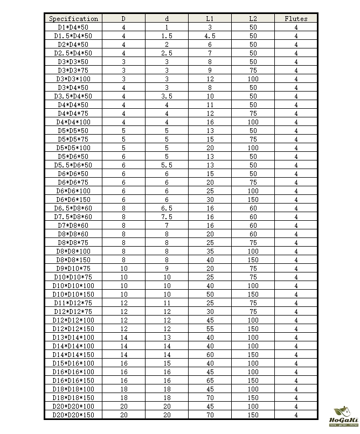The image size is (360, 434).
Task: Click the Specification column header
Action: click(x=73, y=18)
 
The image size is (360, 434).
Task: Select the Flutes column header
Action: click(x=296, y=18)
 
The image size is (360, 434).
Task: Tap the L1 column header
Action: click(x=210, y=18)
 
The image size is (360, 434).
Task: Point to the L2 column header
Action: click(x=253, y=18)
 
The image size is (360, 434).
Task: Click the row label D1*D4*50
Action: click(x=73, y=27)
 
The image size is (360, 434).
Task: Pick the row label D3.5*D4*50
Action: click(x=73, y=96)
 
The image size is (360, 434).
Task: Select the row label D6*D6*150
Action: click(x=73, y=199)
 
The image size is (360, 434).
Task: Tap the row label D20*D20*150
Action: click(x=73, y=415)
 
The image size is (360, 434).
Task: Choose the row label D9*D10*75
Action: click(x=73, y=268)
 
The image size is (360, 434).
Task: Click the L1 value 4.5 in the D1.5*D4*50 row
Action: click(x=210, y=36)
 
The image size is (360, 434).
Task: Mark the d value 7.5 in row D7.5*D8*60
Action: click(x=167, y=216)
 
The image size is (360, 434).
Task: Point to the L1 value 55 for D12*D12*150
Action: click(x=210, y=328)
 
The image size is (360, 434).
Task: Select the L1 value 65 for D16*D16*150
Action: click(x=210, y=380)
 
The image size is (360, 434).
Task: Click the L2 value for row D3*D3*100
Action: click(x=253, y=79)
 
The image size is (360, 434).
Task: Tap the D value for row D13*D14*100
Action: click(x=124, y=337)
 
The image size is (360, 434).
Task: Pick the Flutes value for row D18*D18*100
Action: click(x=296, y=389)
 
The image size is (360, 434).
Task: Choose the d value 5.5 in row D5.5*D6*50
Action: click(x=167, y=165)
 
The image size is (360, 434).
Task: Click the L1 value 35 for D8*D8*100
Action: click(x=210, y=251)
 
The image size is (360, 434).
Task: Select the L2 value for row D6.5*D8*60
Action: click(x=253, y=208)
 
